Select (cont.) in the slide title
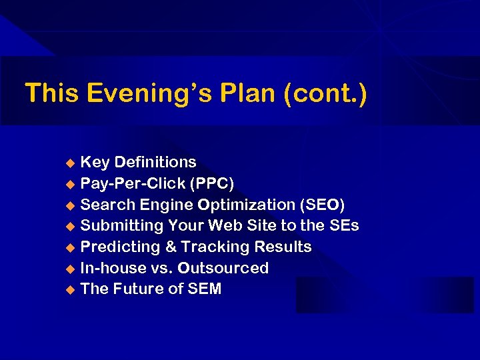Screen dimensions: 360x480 point(325,94)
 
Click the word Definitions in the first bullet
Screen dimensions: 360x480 point(155,162)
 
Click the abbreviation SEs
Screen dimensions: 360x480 point(344,226)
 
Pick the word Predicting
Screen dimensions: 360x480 point(119,247)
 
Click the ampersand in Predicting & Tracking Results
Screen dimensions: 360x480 point(171,247)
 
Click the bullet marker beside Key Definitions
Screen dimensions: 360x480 point(71,163)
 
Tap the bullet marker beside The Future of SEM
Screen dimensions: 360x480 point(71,290)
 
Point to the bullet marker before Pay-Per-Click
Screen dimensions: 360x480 point(71,184)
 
